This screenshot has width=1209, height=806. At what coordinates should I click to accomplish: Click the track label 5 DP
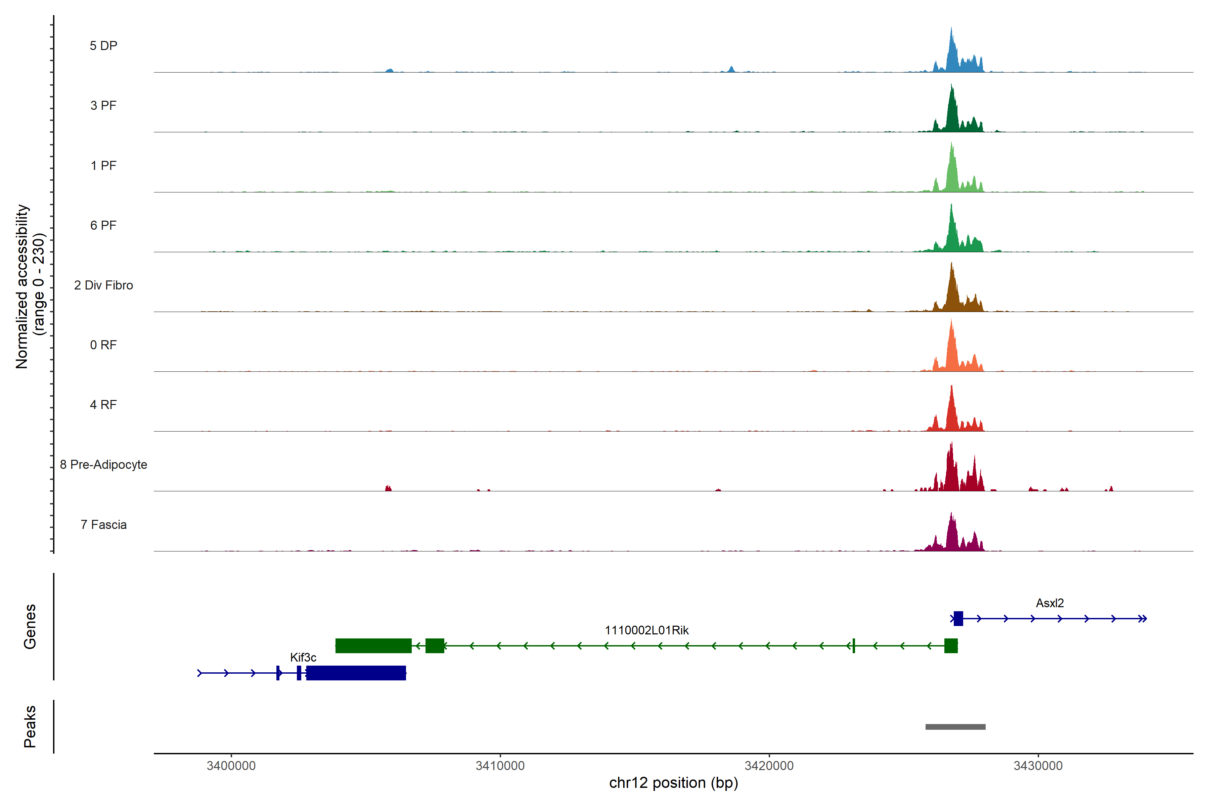point(103,46)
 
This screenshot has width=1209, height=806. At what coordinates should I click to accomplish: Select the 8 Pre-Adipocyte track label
point(103,465)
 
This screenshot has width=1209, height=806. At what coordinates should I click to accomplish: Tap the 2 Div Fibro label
point(103,285)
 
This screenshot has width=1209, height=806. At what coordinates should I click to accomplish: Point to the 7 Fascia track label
point(103,525)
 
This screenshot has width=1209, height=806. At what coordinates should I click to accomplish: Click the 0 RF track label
point(103,345)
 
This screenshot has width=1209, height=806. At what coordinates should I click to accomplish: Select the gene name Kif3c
point(303,658)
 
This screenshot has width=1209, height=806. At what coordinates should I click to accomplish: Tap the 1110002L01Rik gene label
point(646,630)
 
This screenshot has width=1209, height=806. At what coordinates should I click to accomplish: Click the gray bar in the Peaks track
point(955,727)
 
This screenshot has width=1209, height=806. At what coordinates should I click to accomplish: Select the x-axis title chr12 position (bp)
point(673,783)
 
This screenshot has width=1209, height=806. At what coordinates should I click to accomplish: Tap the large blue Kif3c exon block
point(356,673)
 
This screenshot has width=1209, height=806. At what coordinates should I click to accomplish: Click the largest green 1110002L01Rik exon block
point(373,645)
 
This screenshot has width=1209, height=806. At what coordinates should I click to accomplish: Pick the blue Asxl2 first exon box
point(958,618)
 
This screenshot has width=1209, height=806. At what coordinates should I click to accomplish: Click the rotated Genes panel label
point(30,627)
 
